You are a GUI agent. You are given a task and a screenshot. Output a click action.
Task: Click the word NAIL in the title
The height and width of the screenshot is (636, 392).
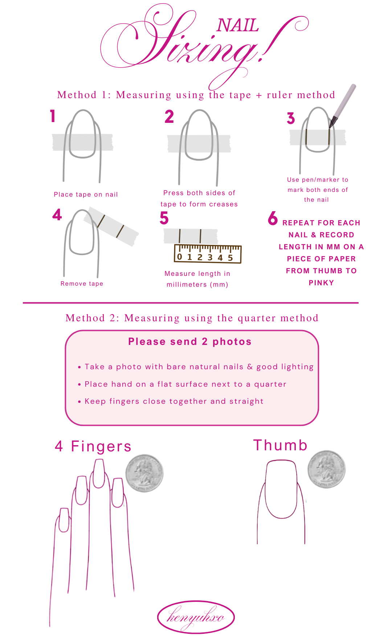click(x=238, y=25)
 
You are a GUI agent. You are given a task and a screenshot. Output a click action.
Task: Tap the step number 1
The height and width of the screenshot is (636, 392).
click(x=53, y=116)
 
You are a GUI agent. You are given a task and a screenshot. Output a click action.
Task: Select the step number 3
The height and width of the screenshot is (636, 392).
click(x=291, y=118)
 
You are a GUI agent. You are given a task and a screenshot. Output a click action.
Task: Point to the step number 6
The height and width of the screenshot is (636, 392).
click(x=273, y=218)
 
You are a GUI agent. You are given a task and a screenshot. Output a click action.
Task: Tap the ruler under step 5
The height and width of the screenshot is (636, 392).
click(x=208, y=254)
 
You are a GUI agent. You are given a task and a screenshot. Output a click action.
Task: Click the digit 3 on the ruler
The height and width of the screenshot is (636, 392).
click(x=210, y=258)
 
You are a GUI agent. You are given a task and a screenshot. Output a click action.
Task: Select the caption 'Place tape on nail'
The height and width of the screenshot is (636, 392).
click(x=86, y=194)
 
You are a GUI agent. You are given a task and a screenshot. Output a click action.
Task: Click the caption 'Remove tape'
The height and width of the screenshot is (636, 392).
click(x=82, y=283)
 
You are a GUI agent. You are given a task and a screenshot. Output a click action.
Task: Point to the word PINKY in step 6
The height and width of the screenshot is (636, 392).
click(x=321, y=283)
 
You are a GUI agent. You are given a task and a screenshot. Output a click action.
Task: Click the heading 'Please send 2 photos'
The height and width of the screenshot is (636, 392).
click(x=190, y=342)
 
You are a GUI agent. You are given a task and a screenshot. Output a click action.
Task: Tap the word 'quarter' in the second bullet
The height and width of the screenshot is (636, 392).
click(x=270, y=385)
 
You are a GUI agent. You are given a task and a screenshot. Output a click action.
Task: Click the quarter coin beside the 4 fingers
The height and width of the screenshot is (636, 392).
click(x=144, y=473)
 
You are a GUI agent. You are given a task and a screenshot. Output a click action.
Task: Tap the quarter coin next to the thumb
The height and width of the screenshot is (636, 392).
click(x=327, y=469)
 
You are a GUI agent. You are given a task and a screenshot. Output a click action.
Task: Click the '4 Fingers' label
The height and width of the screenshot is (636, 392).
click(x=93, y=446)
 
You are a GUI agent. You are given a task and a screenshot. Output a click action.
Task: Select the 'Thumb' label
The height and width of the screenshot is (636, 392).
click(x=281, y=445)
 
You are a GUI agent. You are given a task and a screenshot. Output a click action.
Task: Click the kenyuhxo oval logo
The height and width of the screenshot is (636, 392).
click(x=196, y=617)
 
